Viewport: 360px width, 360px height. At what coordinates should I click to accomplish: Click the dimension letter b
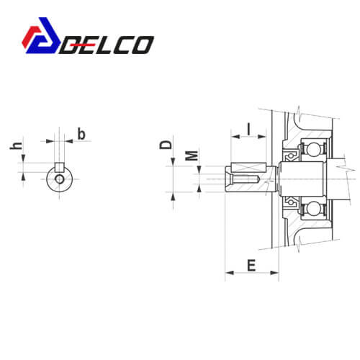click(x=81, y=134)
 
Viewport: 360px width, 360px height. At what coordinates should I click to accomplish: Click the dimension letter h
click(x=17, y=145)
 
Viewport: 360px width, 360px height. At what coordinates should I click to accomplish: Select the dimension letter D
click(x=166, y=145)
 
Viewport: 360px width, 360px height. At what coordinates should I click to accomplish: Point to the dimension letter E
click(x=251, y=265)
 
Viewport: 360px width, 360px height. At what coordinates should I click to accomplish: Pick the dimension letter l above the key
click(x=249, y=129)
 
